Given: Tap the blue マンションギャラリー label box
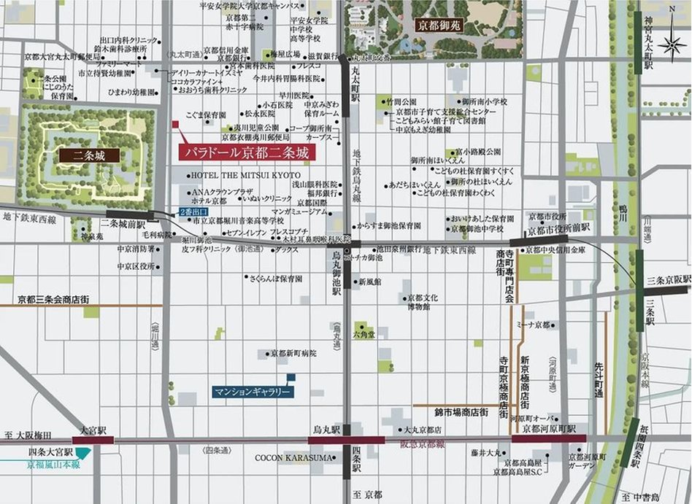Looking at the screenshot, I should click(x=253, y=392).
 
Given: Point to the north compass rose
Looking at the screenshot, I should click(x=672, y=44).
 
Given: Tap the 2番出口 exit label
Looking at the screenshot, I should click(x=193, y=212).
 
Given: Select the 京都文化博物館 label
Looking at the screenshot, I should click(x=423, y=302).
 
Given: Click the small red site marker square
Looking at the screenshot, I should click(x=175, y=125).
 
